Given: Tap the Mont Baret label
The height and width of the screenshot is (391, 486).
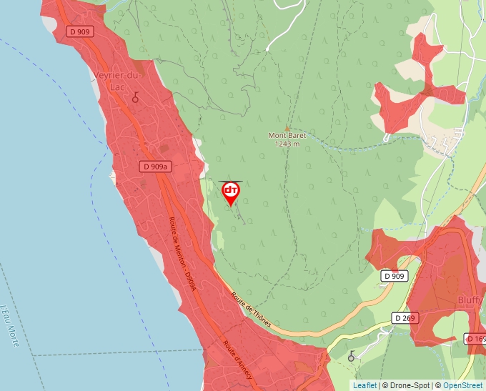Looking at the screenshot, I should tap(287, 135).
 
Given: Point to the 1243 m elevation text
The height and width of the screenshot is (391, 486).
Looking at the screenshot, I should tap(287, 144).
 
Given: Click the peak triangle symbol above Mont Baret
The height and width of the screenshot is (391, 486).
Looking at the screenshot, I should tap(287, 127).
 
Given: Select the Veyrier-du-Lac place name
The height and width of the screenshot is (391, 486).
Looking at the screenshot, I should tap(118, 79).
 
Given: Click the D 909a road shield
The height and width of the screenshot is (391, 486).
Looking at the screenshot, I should tap(155, 167).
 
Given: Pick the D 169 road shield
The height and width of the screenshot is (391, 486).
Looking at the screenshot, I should tap(476, 338).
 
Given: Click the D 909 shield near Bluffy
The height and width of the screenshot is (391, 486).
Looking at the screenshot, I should tap(394, 276).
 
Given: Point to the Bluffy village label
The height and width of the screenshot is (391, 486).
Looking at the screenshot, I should tap(470, 300).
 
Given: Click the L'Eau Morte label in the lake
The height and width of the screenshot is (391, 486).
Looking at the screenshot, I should tap(10, 326).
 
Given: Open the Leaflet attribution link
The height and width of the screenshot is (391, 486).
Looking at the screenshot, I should tap(364, 385).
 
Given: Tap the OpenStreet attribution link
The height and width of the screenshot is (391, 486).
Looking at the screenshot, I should tap(462, 385).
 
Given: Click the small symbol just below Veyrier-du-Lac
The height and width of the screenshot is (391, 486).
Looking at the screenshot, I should tap(134, 98).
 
